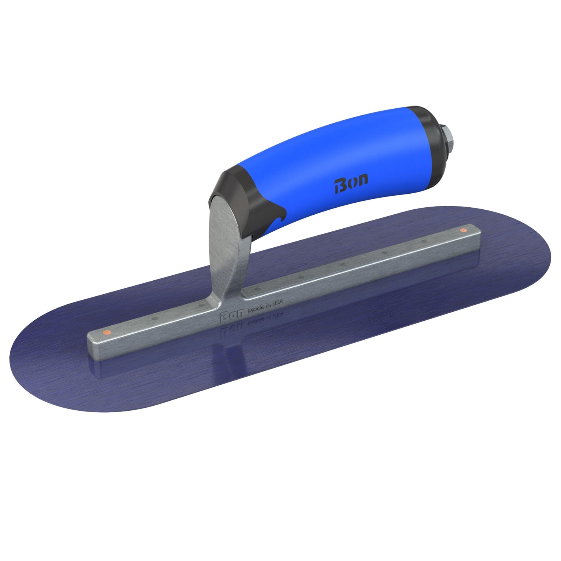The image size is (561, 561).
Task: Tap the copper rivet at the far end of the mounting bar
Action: (x=463, y=230)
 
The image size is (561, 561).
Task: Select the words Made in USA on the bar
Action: (x=266, y=306)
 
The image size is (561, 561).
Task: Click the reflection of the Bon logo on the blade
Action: (x=229, y=330)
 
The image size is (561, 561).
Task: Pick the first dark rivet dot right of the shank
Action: (x=257, y=289)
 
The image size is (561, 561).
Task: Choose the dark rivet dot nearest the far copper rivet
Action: (x=425, y=241)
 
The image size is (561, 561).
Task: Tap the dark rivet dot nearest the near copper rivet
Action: (x=155, y=318)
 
